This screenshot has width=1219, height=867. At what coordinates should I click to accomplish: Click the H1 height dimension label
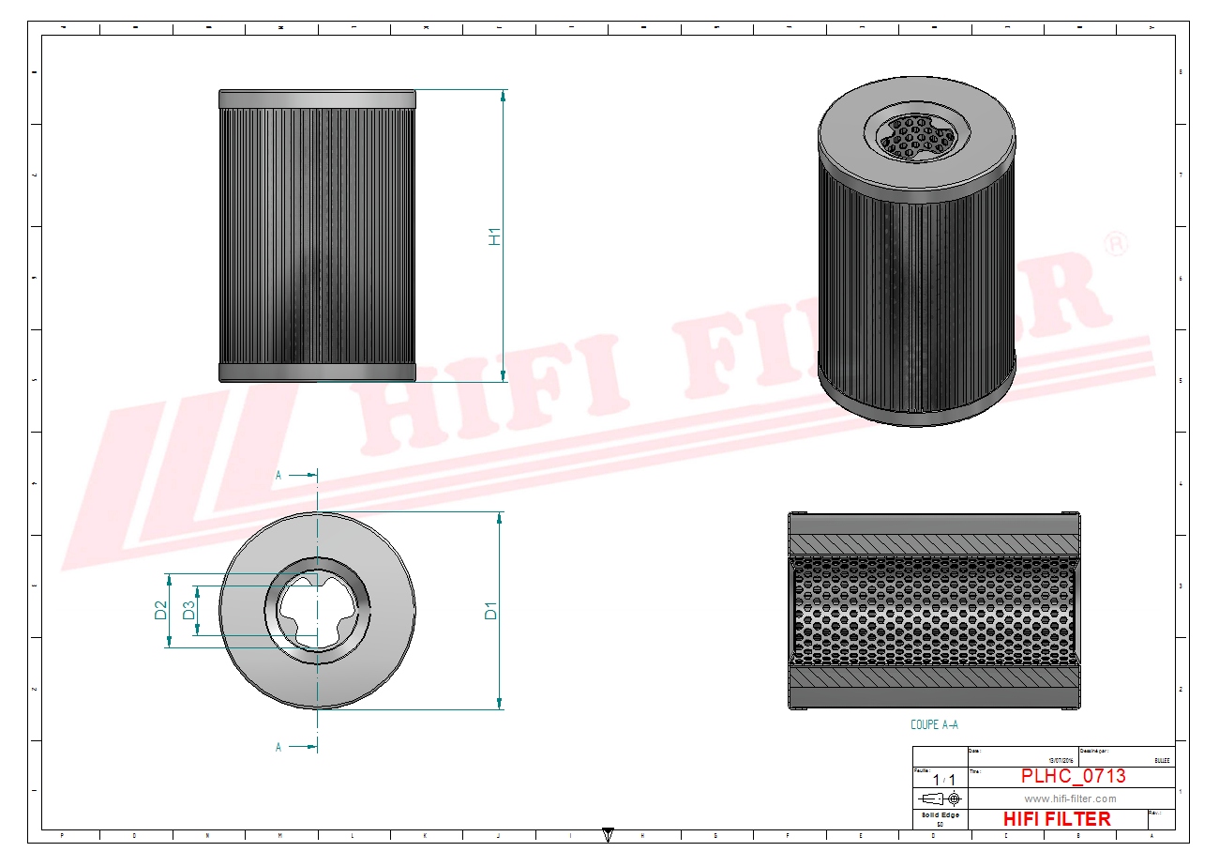click(495, 236)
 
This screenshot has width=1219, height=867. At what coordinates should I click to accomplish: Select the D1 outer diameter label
click(491, 610)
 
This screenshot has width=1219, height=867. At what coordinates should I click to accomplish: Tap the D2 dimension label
click(160, 610)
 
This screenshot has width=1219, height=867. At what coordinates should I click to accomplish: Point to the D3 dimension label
click(188, 610)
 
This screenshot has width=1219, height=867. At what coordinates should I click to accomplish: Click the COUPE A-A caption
click(934, 724)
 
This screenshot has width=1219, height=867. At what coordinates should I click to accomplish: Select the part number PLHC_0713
click(1073, 776)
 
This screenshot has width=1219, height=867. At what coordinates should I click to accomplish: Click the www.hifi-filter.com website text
click(1070, 799)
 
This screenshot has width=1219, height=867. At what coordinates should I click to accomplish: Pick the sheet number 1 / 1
click(943, 780)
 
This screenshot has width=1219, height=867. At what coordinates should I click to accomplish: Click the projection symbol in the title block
click(941, 799)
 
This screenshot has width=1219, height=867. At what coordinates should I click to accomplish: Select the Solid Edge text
click(941, 814)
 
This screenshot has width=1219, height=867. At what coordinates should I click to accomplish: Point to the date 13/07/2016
click(1061, 760)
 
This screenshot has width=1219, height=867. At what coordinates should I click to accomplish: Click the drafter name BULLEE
click(1161, 760)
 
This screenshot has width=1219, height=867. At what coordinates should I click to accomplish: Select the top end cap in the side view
click(317, 99)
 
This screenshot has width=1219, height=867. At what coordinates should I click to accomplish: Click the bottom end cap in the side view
click(317, 373)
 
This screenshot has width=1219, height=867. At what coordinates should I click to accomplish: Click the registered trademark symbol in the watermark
click(1116, 244)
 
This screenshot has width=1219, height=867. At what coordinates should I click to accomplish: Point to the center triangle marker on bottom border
click(608, 833)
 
